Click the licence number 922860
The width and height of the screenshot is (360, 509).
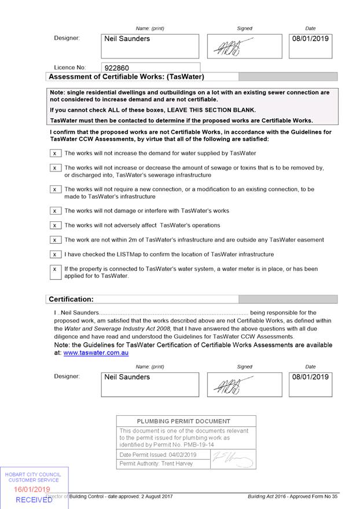(117, 68)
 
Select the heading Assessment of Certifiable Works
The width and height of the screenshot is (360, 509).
(126, 76)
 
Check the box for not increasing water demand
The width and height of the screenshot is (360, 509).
(55, 153)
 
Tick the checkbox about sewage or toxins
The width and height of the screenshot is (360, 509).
(55, 168)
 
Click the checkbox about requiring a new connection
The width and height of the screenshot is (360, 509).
(55, 189)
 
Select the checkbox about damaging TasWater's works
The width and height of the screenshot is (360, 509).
(55, 211)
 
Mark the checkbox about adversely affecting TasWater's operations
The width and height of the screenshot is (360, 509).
(55, 225)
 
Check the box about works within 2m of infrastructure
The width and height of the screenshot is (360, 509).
(55, 240)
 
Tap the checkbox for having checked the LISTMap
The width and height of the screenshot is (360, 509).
(55, 254)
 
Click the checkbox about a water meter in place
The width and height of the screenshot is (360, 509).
(55, 269)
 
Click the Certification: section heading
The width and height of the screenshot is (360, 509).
(71, 299)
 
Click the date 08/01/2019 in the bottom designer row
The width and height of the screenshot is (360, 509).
(310, 377)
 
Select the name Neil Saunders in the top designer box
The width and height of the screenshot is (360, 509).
(127, 39)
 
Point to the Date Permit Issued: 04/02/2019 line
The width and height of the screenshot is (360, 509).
(158, 455)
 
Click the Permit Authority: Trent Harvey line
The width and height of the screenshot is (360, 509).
(156, 464)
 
